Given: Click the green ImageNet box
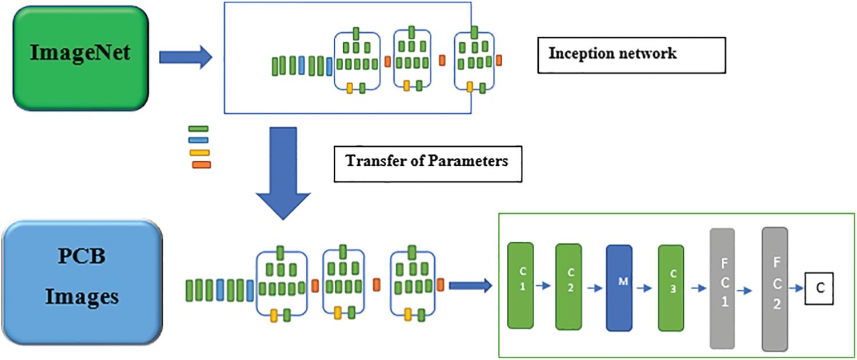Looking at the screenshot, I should [x=80, y=57].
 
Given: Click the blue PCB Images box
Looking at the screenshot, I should [x=82, y=283].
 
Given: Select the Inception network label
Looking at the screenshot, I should [x=631, y=55].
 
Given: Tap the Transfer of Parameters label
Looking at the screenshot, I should [x=427, y=162].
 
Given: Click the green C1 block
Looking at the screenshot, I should [x=520, y=285].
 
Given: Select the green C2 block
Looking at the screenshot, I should [x=569, y=286].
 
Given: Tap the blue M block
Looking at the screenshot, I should [x=619, y=287].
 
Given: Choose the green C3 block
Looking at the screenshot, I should [x=671, y=288].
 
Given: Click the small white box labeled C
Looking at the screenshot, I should [x=819, y=288].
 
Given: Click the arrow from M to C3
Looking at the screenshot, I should [x=645, y=288].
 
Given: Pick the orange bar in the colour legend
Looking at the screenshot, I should [x=201, y=165].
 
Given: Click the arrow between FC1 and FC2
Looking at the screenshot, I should [x=748, y=291].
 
